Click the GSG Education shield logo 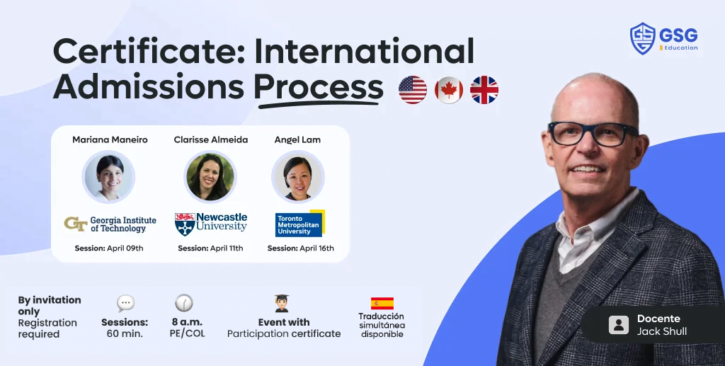point(642,38)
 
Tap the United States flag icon point(413,90)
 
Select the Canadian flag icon point(449,90)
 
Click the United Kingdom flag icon point(484,90)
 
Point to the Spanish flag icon point(382,304)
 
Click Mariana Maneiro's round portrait point(108,176)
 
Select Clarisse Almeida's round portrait point(210,176)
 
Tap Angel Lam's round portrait point(298,176)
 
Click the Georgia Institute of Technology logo point(110,224)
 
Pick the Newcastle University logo point(210,224)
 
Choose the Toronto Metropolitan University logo point(299,223)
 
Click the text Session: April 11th point(210,248)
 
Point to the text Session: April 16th point(300,248)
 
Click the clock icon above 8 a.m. point(183,303)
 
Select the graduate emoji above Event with point(282,304)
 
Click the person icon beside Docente point(618,325)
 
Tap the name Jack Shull point(661,331)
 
